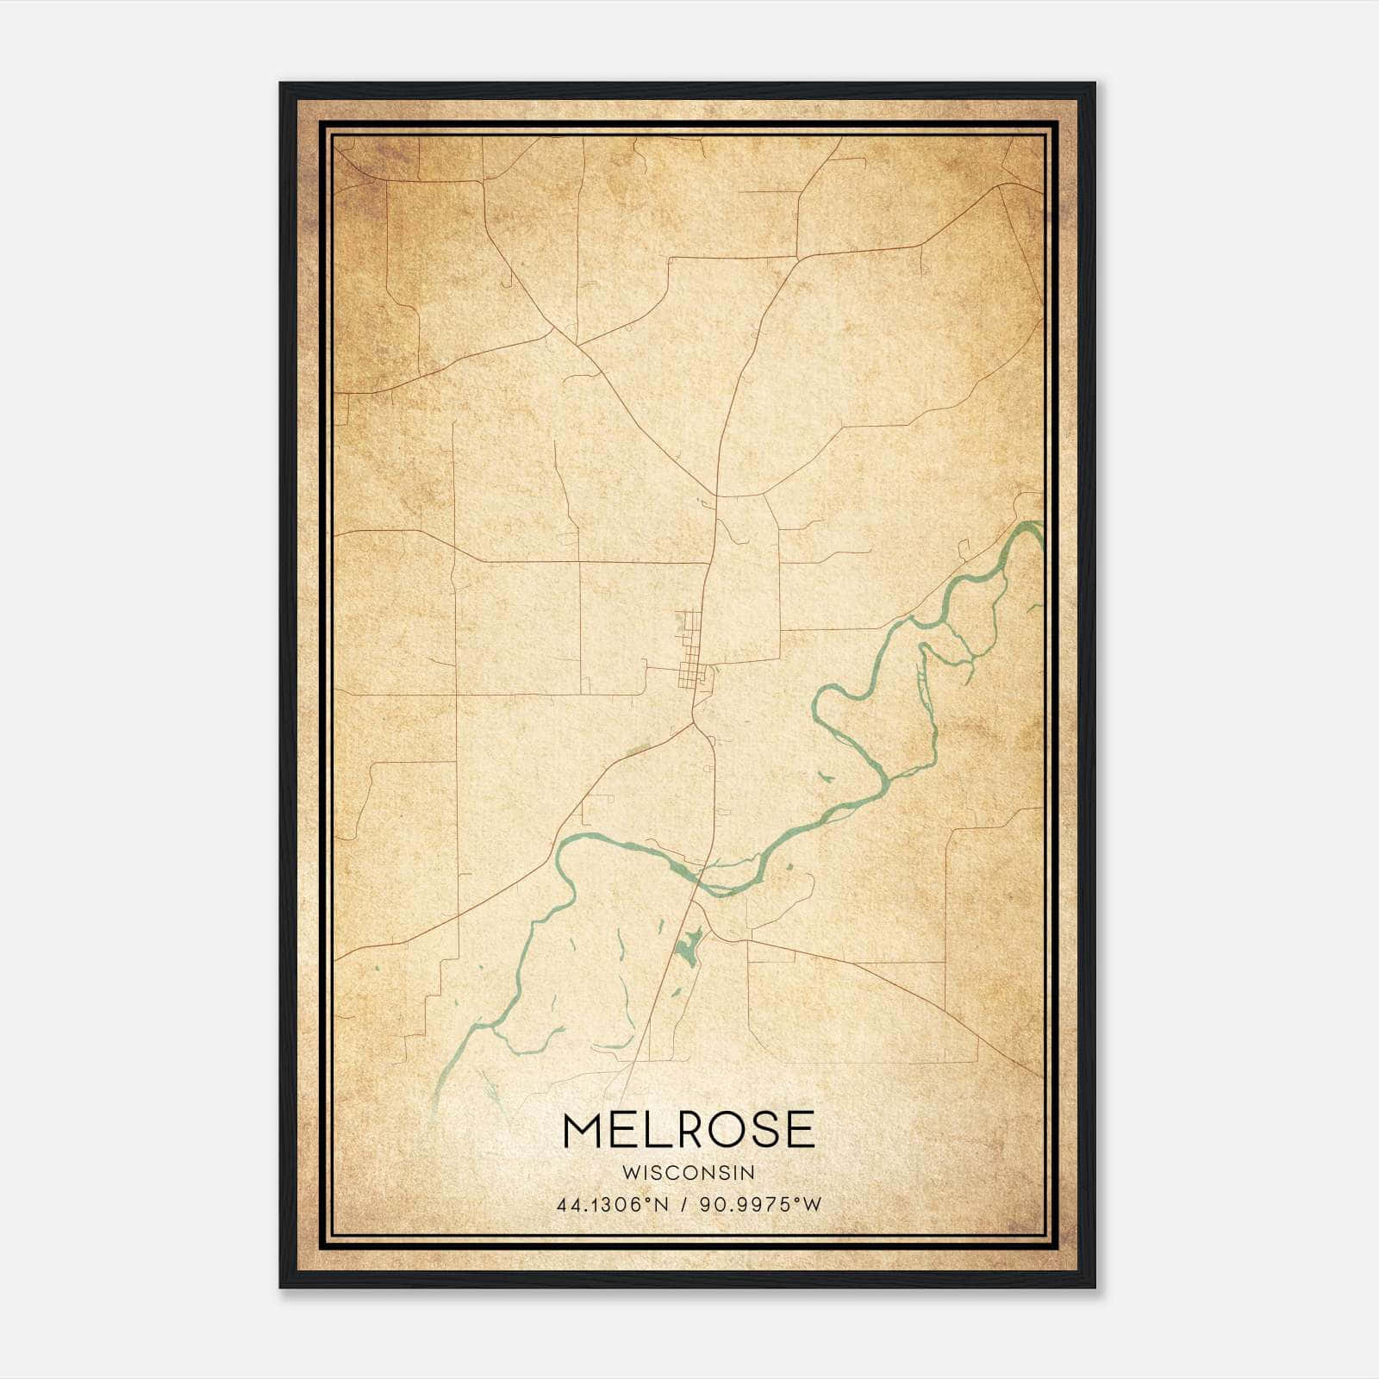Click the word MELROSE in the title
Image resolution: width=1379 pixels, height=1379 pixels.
[688, 1130]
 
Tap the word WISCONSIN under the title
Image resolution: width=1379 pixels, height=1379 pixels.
[688, 1173]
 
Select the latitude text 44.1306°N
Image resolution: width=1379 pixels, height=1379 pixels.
[613, 1205]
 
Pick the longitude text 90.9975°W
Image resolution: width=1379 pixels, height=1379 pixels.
[759, 1205]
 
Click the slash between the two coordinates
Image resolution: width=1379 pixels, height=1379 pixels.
[683, 1205]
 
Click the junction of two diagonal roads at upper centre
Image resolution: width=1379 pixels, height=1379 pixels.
[578, 346]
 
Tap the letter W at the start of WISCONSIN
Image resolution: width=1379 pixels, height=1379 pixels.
[628, 1173]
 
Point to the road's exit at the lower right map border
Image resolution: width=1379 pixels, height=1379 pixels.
[1041, 1076]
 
